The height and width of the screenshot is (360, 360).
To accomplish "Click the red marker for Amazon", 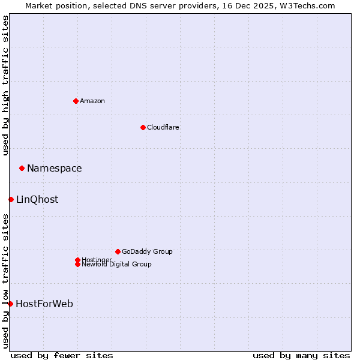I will (x=76, y=101).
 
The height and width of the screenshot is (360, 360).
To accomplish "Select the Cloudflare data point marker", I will (x=143, y=127).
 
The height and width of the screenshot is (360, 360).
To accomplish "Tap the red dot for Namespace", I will (x=22, y=168).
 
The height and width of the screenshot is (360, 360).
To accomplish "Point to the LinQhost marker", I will (x=11, y=199).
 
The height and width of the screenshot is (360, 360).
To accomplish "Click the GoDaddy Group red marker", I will (x=118, y=251).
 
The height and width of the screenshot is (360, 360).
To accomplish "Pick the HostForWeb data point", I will (x=10, y=304).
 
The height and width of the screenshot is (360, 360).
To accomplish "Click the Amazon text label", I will (x=92, y=101).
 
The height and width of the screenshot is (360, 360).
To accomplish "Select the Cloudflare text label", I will (x=163, y=127).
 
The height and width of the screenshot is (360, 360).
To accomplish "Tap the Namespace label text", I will (x=54, y=169).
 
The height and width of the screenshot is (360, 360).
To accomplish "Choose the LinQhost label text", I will (x=37, y=200).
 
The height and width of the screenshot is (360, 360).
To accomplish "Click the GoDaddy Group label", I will (x=147, y=251).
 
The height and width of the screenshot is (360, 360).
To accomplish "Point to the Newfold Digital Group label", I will (x=116, y=264).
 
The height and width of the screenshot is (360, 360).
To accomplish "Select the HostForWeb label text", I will (x=44, y=304).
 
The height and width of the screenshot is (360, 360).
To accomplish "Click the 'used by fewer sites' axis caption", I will (x=62, y=355).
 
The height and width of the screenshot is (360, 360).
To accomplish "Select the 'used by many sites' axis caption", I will (x=301, y=355).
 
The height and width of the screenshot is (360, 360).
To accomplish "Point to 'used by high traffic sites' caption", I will (x=5, y=85).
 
